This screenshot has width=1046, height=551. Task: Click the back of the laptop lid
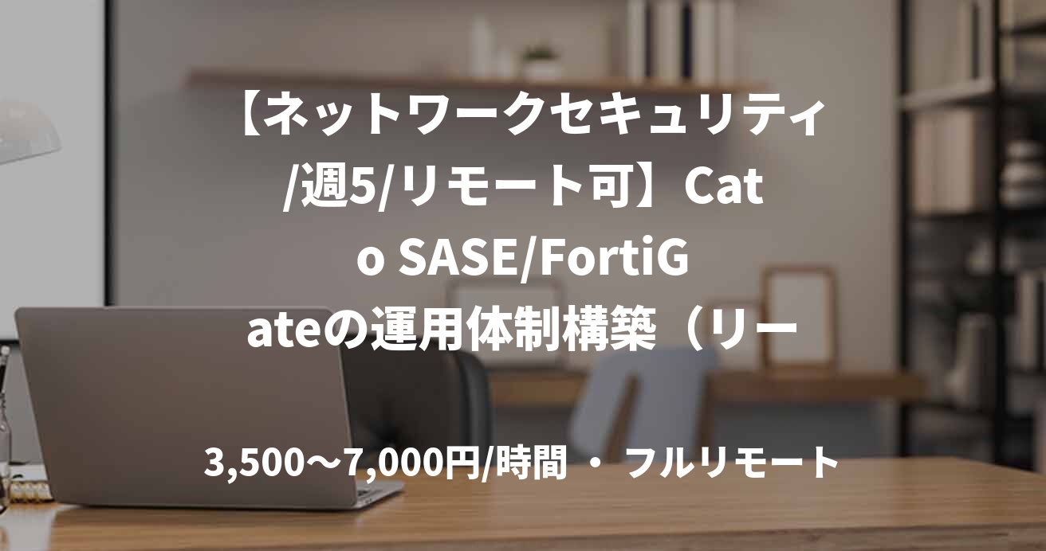pos(183,398)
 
